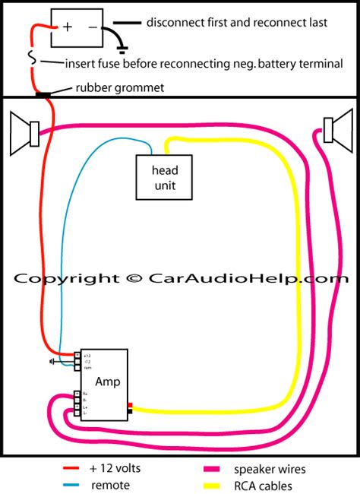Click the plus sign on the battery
point(68,27)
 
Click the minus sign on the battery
point(91,27)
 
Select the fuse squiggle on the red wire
point(30,58)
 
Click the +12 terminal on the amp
point(77,355)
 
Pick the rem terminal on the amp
point(77,367)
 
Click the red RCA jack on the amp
point(131,404)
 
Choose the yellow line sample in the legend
point(228,485)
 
